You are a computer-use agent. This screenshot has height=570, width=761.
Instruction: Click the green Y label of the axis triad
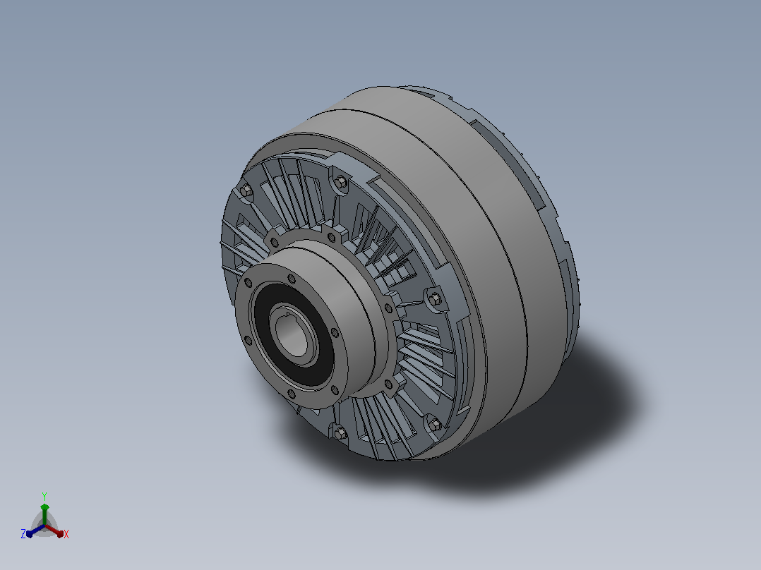coord(44,496)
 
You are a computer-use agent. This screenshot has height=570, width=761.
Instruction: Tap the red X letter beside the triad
coord(66,534)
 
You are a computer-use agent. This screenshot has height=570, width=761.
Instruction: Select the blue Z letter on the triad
coord(23,534)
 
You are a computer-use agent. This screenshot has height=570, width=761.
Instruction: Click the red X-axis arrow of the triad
coord(54,530)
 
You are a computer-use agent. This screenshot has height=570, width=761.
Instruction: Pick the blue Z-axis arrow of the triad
coord(35,530)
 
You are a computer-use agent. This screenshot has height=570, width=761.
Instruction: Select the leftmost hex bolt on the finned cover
coord(246,190)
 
